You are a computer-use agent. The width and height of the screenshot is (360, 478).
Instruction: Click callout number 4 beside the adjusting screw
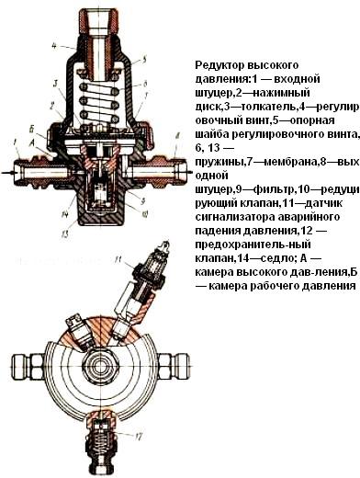pyautogui.click(x=54, y=46)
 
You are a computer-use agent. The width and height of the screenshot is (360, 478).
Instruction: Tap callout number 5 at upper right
pyautogui.click(x=145, y=58)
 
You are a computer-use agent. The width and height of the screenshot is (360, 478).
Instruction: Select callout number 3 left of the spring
pyautogui.click(x=55, y=84)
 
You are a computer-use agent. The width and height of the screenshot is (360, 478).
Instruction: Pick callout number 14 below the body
pyautogui.click(x=65, y=215)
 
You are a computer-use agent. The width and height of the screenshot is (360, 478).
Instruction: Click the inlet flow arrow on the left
pyautogui.click(x=7, y=173)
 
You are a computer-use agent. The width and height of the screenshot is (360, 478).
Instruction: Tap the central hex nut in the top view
pyautogui.click(x=100, y=367)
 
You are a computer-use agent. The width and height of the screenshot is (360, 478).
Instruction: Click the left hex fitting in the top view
pyautogui.click(x=28, y=367)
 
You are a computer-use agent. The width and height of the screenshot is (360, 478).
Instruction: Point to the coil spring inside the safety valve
pyautogui.click(x=100, y=442)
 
